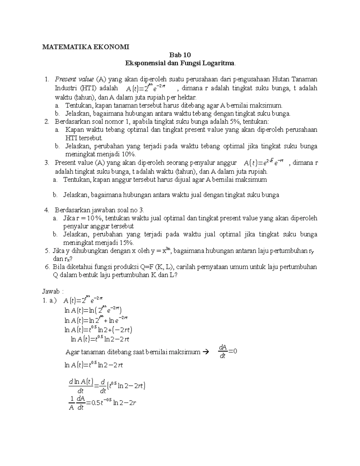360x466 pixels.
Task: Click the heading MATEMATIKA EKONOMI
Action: pyautogui.click(x=85, y=47)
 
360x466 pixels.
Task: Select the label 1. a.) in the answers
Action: pyautogui.click(x=49, y=300)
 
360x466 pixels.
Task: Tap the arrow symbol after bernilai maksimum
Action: pyautogui.click(x=205, y=352)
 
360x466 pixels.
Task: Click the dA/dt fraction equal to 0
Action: pyautogui.click(x=223, y=351)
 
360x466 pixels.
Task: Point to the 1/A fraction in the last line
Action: pyautogui.click(x=71, y=403)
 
